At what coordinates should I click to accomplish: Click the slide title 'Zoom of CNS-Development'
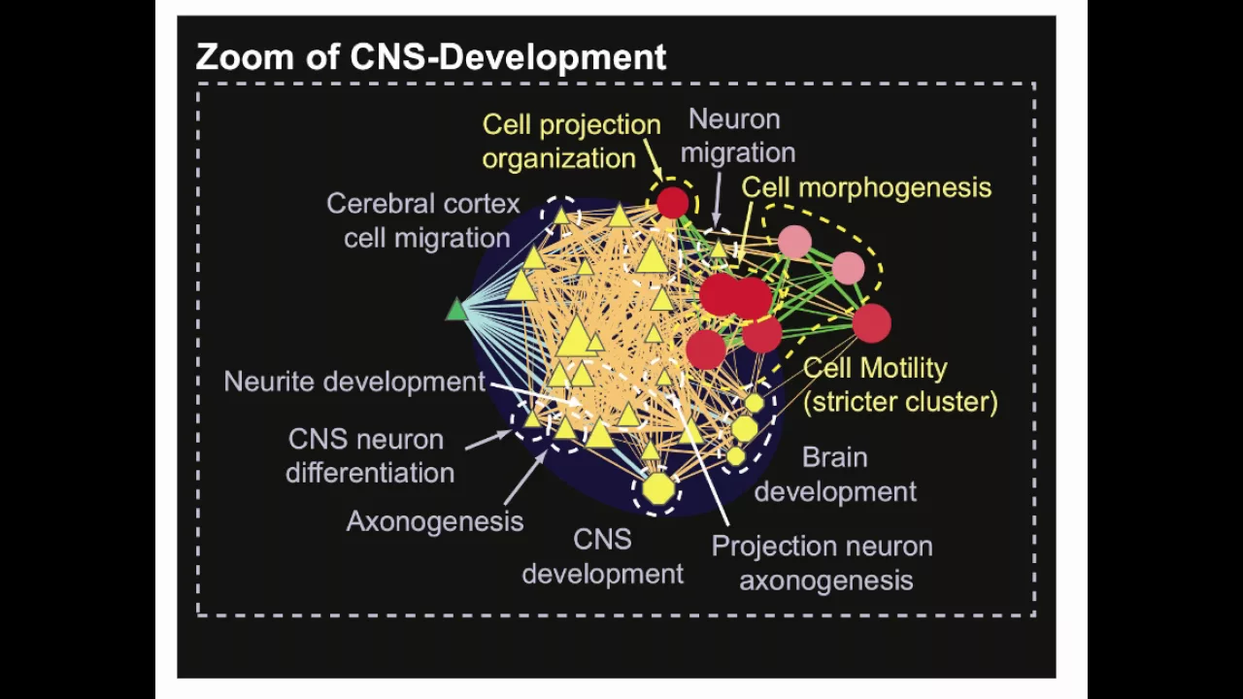431,57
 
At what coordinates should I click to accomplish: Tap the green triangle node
456,311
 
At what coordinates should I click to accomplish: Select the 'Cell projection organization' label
571,141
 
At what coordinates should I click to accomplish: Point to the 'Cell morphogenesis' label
866,187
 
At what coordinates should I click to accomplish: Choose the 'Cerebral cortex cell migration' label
424,220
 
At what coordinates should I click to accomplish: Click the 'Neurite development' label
353,382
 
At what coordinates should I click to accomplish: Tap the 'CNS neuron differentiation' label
370,455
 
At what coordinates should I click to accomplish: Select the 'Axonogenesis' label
434,521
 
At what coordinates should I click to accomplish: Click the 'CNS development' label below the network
602,556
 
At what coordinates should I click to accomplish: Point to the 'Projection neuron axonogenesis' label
823,562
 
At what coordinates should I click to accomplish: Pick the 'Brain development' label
835,474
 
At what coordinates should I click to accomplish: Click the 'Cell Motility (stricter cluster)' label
899,384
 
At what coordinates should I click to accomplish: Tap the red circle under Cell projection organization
672,203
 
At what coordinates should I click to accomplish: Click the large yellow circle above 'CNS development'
657,488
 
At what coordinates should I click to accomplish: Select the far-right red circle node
871,323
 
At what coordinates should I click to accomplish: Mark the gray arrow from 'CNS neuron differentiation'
488,440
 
